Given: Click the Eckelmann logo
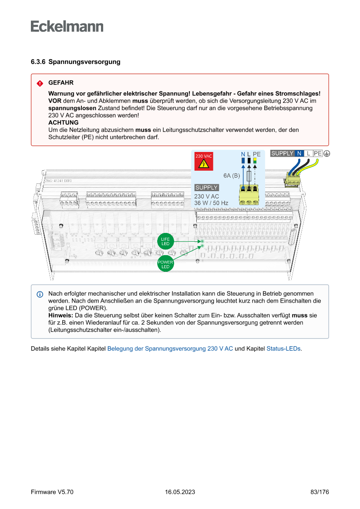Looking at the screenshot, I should [x=67, y=27].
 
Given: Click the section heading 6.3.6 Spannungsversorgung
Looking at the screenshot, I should [x=75, y=62].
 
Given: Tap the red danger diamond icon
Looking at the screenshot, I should [x=40, y=83].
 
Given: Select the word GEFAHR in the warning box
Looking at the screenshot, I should [x=61, y=83].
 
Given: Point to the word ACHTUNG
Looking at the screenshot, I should [x=64, y=123].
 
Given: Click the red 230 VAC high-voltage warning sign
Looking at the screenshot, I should [x=203, y=161].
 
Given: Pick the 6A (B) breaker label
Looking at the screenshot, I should [x=232, y=175].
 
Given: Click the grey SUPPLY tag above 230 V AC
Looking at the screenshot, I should [x=206, y=188].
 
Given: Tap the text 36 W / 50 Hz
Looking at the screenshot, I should [x=211, y=203].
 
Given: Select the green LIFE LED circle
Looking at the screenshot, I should [x=165, y=242].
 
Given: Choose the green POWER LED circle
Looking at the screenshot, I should [x=165, y=264].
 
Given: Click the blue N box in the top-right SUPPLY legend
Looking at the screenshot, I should [x=299, y=153].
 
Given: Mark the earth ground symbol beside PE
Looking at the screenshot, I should [x=326, y=153].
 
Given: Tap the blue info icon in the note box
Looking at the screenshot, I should [x=40, y=294].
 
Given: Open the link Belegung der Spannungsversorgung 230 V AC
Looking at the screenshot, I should [x=170, y=349].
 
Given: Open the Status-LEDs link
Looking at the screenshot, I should [x=283, y=349].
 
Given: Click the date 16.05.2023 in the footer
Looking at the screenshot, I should [x=180, y=492].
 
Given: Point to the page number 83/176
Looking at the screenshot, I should [x=320, y=492].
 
